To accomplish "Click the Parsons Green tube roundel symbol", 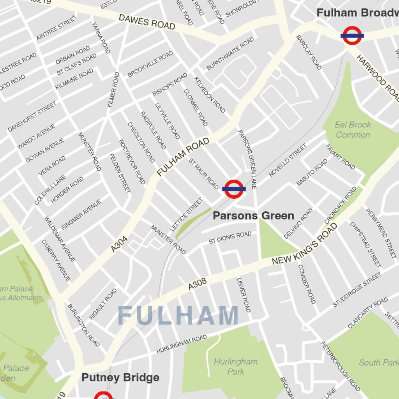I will point(234,189).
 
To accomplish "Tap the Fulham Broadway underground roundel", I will point(352,35).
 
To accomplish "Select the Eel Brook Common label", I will point(353,130).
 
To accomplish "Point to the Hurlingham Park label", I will point(236,367).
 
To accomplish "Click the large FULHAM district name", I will point(178,315).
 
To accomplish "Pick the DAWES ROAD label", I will point(147,22).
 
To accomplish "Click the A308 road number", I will point(197,284).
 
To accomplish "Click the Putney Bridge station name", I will point(120,378).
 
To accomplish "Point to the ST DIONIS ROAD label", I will point(230,238).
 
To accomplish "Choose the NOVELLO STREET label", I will point(288,161).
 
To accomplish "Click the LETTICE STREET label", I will point(187,215).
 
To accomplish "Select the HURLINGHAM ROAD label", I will point(182,344).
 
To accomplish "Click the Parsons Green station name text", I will point(253,215).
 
